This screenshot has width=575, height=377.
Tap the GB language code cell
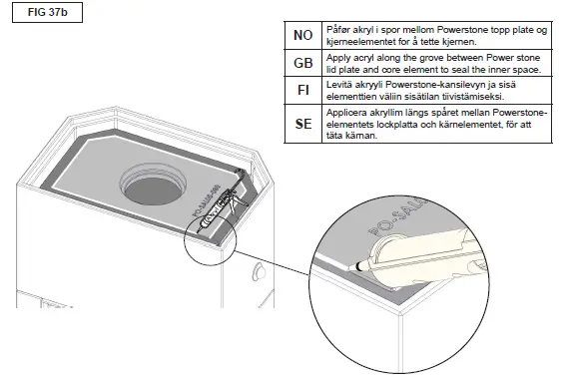point(302,64)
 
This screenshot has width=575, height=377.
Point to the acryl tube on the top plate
point(220,204)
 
